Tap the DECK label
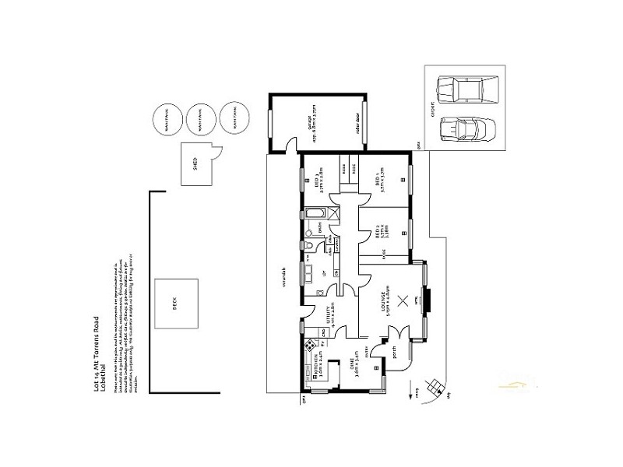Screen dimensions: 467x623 [x=174, y=305]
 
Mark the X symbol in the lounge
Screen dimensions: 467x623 [x=403, y=303]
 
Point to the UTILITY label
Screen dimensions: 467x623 [x=329, y=318]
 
